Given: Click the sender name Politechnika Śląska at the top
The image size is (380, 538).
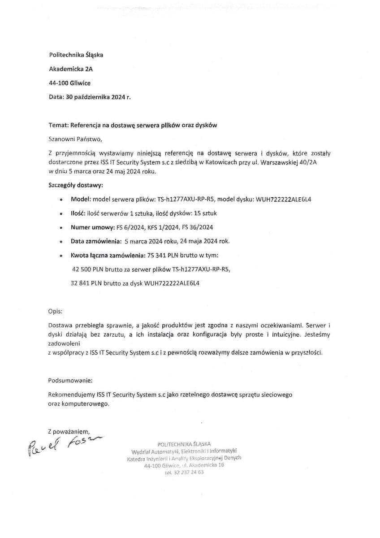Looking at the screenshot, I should (76, 55).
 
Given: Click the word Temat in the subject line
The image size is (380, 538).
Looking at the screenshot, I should (57, 126).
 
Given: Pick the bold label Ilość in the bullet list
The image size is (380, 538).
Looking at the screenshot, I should (79, 213).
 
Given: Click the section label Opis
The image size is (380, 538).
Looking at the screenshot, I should (55, 311).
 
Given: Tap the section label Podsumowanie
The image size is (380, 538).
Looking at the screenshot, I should (70, 381).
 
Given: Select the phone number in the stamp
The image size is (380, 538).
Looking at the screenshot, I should (184, 472).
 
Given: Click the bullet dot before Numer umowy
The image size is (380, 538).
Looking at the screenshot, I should (60, 228).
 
